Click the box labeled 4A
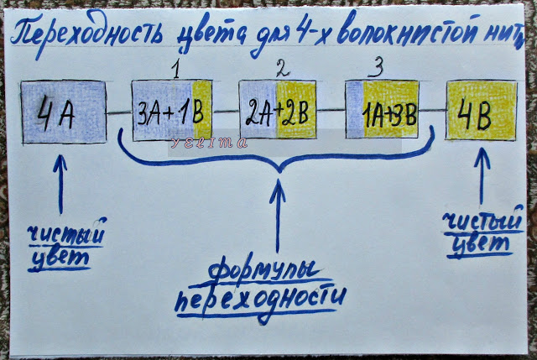63,112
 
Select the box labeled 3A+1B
173,112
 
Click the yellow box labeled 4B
481,110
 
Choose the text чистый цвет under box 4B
477,233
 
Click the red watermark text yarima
220,142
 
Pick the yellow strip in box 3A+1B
203,111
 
